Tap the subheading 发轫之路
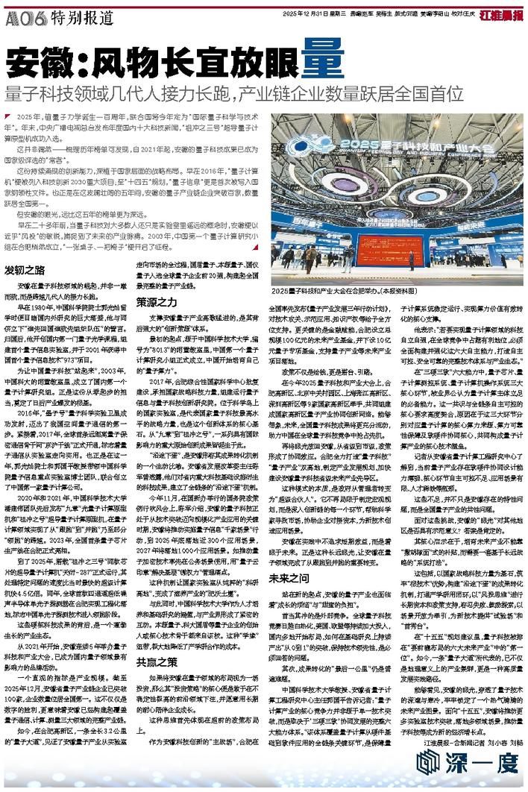(x=24, y=268)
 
